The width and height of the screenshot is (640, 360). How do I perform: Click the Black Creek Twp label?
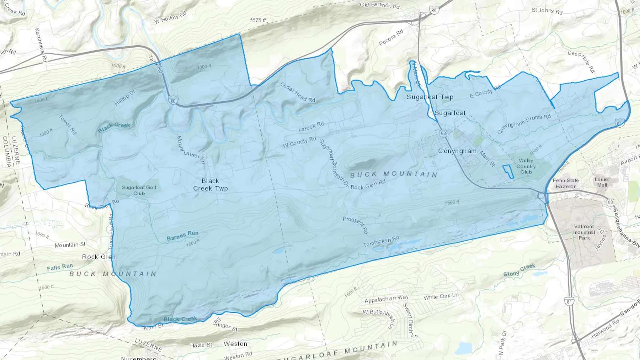(x=210, y=185)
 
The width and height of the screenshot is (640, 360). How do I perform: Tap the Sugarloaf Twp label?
(x=430, y=97)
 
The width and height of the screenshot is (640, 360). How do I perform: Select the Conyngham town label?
(x=457, y=151)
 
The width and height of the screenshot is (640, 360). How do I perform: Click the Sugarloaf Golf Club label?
(x=139, y=190)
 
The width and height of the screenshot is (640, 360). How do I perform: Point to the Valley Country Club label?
(x=526, y=166)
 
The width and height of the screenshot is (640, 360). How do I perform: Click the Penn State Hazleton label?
(x=566, y=183)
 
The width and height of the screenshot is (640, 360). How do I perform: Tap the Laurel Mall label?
(x=602, y=182)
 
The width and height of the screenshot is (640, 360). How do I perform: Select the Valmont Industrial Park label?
(x=584, y=232)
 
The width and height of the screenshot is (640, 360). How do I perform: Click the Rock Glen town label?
(x=98, y=257)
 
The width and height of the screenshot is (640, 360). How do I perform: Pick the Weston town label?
(x=235, y=344)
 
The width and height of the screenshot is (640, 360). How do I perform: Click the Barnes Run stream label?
(x=182, y=236)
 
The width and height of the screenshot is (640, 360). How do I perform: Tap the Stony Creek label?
(x=519, y=270)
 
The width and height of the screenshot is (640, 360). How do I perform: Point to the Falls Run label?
(x=60, y=267)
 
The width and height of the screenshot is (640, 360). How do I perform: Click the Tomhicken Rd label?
(x=381, y=242)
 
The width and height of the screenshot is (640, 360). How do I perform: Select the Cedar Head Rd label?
(x=298, y=92)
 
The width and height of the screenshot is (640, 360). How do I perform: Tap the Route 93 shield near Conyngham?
(x=443, y=133)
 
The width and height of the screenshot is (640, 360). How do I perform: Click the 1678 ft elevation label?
(x=258, y=20)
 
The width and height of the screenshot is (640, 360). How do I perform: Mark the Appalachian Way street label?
(x=386, y=299)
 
